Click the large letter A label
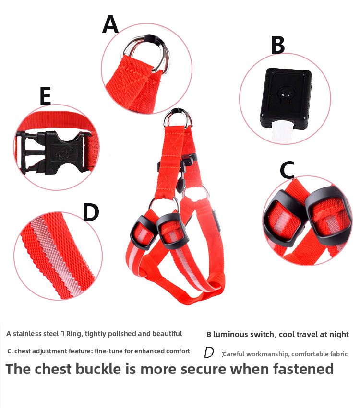[110, 24]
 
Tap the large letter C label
[287, 170]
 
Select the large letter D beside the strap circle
[91, 212]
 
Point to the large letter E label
[45, 96]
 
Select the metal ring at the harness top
[177, 118]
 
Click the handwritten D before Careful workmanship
[209, 353]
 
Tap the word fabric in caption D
[337, 354]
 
